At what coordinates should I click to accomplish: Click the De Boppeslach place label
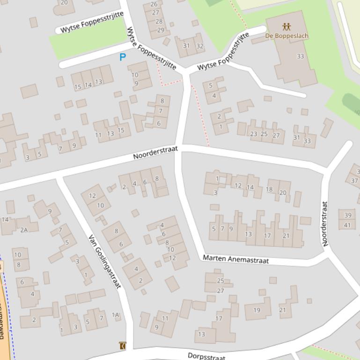287,36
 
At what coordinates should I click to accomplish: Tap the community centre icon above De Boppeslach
287,27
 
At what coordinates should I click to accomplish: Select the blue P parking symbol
123,57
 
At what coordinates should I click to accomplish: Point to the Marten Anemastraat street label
235,259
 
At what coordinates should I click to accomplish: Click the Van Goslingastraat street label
105,261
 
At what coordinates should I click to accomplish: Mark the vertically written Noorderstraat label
325,223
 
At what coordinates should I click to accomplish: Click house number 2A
24,230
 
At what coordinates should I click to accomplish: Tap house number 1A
116,315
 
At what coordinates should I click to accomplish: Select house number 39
347,215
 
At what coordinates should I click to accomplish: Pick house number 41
347,225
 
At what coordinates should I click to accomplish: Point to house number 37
354,181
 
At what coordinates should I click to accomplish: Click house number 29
160,30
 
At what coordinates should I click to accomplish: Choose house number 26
154,4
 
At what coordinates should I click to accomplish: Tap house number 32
200,46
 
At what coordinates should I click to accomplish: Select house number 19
257,310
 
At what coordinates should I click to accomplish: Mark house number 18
269,189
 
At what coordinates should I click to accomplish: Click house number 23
254,134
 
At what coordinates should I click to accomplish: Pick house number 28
159,22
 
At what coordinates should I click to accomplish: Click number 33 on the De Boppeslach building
300,56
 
